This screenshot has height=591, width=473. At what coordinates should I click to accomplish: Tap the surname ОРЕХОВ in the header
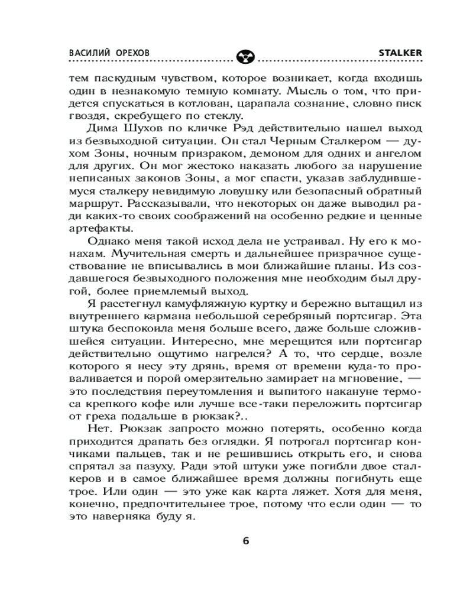131,52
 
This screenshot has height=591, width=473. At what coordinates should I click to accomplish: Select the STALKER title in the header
399,52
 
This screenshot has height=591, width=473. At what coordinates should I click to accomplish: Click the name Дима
102,130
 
